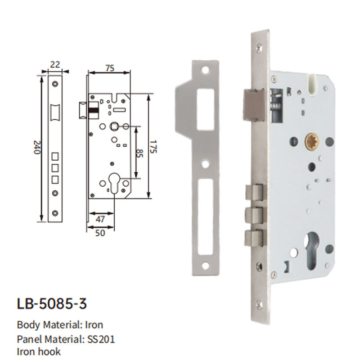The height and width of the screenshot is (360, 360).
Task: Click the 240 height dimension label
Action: pyautogui.click(x=37, y=147)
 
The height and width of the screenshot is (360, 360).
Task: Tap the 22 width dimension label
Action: pyautogui.click(x=55, y=64)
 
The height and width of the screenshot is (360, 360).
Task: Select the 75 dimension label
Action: pyautogui.click(x=110, y=68)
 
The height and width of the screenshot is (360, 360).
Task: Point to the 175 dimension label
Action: pyautogui.click(x=153, y=147)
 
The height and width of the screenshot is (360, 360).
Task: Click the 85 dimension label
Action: pyautogui.click(x=139, y=153)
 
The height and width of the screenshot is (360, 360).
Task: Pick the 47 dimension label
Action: pyautogui.click(x=100, y=219)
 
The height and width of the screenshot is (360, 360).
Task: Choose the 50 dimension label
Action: pyautogui.click(x=100, y=233)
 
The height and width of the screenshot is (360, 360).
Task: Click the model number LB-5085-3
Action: pyautogui.click(x=52, y=303)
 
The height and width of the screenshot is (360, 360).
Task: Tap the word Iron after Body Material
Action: pyautogui.click(x=94, y=325)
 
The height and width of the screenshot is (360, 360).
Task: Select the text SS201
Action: pyautogui.click(x=101, y=339)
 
